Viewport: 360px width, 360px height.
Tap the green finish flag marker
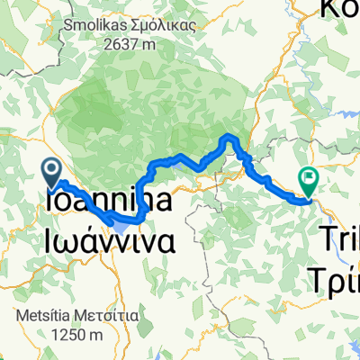tap(309, 183)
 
